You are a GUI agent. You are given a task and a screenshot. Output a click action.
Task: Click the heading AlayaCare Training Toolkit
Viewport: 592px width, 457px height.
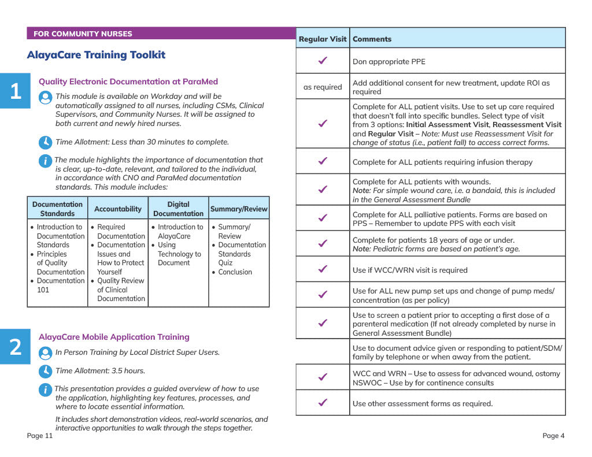(x=96, y=55)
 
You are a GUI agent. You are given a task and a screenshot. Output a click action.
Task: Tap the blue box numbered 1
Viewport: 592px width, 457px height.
(x=15, y=91)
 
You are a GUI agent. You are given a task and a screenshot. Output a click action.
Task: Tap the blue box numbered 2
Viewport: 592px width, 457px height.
(x=15, y=347)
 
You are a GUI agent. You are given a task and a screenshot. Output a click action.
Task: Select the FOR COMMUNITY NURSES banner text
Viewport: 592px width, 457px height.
(x=83, y=34)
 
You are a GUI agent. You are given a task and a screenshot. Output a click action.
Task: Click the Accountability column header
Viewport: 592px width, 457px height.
(x=118, y=209)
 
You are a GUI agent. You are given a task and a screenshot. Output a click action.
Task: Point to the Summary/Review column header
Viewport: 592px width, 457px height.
(x=239, y=209)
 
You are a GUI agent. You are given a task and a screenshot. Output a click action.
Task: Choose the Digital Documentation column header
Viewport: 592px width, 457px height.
(x=178, y=209)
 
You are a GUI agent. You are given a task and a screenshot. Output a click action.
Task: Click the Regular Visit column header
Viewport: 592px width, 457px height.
(x=323, y=39)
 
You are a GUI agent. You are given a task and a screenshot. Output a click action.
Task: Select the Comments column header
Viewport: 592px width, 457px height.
(x=372, y=39)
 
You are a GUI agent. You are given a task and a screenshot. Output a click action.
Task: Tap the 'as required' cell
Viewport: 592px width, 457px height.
(x=323, y=87)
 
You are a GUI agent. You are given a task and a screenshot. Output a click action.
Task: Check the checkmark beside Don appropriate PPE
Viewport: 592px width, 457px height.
(x=323, y=61)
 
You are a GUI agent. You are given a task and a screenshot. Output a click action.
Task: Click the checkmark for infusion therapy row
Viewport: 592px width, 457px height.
(x=323, y=161)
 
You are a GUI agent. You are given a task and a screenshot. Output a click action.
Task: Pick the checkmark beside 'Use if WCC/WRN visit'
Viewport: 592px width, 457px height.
(x=323, y=269)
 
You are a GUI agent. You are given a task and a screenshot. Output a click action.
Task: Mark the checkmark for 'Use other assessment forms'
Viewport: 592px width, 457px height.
(x=323, y=403)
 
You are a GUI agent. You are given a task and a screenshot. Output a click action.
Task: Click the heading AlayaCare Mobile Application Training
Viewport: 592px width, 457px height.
(x=114, y=337)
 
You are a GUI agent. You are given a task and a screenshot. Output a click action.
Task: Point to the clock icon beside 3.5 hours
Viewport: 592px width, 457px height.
(x=45, y=370)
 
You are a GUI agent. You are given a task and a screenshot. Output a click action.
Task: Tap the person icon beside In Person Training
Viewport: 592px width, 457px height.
(x=45, y=352)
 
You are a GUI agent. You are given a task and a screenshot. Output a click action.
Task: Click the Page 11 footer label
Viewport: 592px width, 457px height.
(x=40, y=436)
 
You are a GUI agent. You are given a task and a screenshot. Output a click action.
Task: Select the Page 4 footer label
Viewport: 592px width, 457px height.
(x=553, y=436)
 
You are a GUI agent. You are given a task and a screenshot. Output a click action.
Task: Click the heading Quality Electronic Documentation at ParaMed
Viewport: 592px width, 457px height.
(x=128, y=82)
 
